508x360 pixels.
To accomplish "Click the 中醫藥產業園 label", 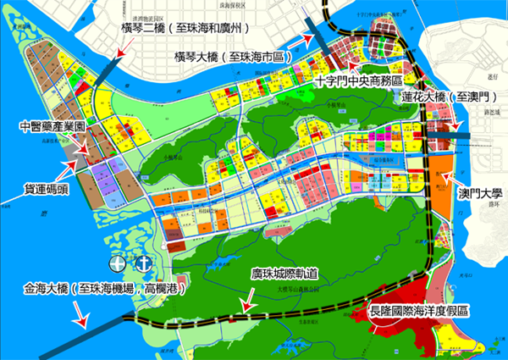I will pos(53,127).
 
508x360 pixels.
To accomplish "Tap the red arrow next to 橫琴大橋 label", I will pos(301,39).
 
